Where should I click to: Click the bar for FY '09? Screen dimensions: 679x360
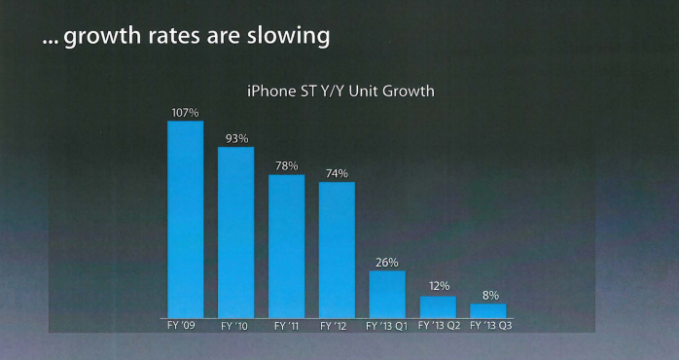click(x=186, y=219)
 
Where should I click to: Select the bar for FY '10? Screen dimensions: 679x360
click(x=236, y=233)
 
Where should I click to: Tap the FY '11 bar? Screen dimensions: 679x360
click(x=286, y=246)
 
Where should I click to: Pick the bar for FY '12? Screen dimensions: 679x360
click(x=337, y=250)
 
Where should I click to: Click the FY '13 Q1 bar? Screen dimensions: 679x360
click(x=387, y=295)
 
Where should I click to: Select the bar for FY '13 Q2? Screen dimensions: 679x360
click(x=438, y=307)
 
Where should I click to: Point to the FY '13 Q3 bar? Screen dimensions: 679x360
click(x=488, y=311)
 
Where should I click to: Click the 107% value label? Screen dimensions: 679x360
click(x=186, y=113)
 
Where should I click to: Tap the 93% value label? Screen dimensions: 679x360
click(x=236, y=139)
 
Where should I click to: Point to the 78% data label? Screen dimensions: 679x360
click(x=287, y=166)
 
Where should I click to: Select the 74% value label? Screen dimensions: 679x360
click(x=337, y=174)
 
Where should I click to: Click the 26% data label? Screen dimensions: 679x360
click(x=387, y=263)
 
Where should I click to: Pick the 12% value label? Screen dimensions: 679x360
click(x=438, y=286)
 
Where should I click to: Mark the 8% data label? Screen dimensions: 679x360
click(x=490, y=296)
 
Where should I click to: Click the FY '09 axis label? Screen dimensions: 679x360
click(x=181, y=325)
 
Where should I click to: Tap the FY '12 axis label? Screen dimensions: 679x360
click(x=334, y=326)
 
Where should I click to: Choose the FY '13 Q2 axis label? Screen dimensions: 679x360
click(x=439, y=326)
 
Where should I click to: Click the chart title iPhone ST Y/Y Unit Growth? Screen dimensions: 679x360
click(x=340, y=91)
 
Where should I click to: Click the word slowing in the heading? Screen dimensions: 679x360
click(x=288, y=36)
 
